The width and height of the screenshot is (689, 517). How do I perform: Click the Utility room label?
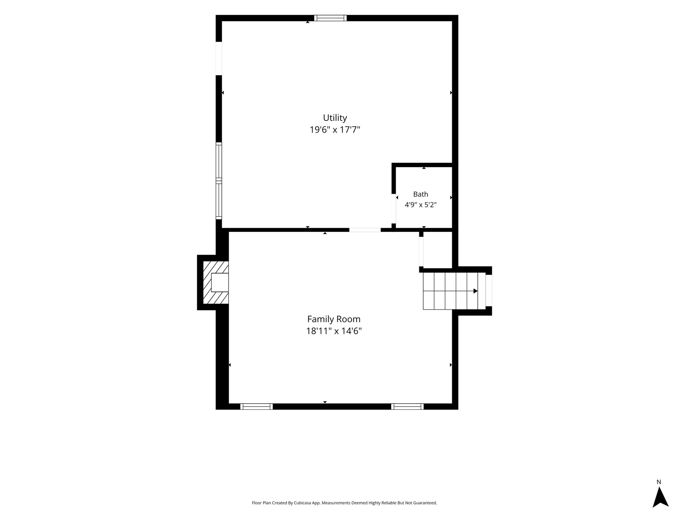(x=335, y=118)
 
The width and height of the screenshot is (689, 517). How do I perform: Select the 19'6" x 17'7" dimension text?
(x=335, y=130)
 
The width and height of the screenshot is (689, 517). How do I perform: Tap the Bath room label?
(x=421, y=194)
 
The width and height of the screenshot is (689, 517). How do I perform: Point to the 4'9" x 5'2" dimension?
(x=421, y=205)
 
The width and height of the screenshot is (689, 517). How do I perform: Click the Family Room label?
(x=334, y=319)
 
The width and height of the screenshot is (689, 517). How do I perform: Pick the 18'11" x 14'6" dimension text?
(x=334, y=331)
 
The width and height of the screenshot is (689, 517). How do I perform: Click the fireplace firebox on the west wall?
(x=220, y=282)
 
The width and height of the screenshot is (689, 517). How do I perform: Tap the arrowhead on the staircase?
(x=475, y=291)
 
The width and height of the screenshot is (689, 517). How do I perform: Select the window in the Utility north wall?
(x=330, y=18)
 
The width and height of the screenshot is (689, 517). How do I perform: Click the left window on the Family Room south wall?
(x=256, y=407)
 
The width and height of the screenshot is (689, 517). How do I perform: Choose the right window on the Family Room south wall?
(x=407, y=407)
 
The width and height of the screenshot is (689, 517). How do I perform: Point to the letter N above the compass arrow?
(x=659, y=482)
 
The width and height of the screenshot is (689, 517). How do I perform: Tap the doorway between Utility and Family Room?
(x=365, y=230)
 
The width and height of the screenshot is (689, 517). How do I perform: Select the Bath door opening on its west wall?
(x=394, y=209)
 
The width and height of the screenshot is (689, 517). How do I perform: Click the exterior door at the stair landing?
(x=489, y=290)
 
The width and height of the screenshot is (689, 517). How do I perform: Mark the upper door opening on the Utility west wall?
(x=219, y=59)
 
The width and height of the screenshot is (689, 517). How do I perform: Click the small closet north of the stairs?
(x=437, y=250)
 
